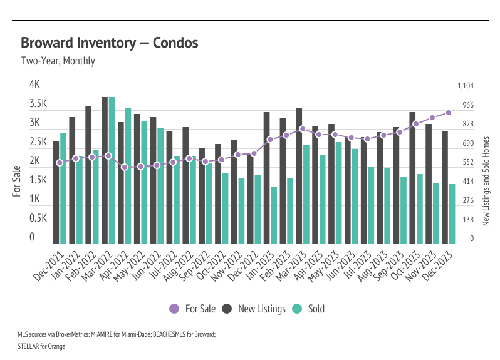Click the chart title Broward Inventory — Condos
coord(110,43)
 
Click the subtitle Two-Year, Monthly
coord(58,61)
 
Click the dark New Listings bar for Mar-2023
coord(299,175)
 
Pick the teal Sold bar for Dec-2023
coord(452,213)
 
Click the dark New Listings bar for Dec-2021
coord(56,192)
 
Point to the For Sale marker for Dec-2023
coord(449,113)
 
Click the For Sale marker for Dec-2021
coord(60,163)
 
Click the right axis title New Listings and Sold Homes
coord(486,182)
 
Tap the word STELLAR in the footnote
coord(28,346)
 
